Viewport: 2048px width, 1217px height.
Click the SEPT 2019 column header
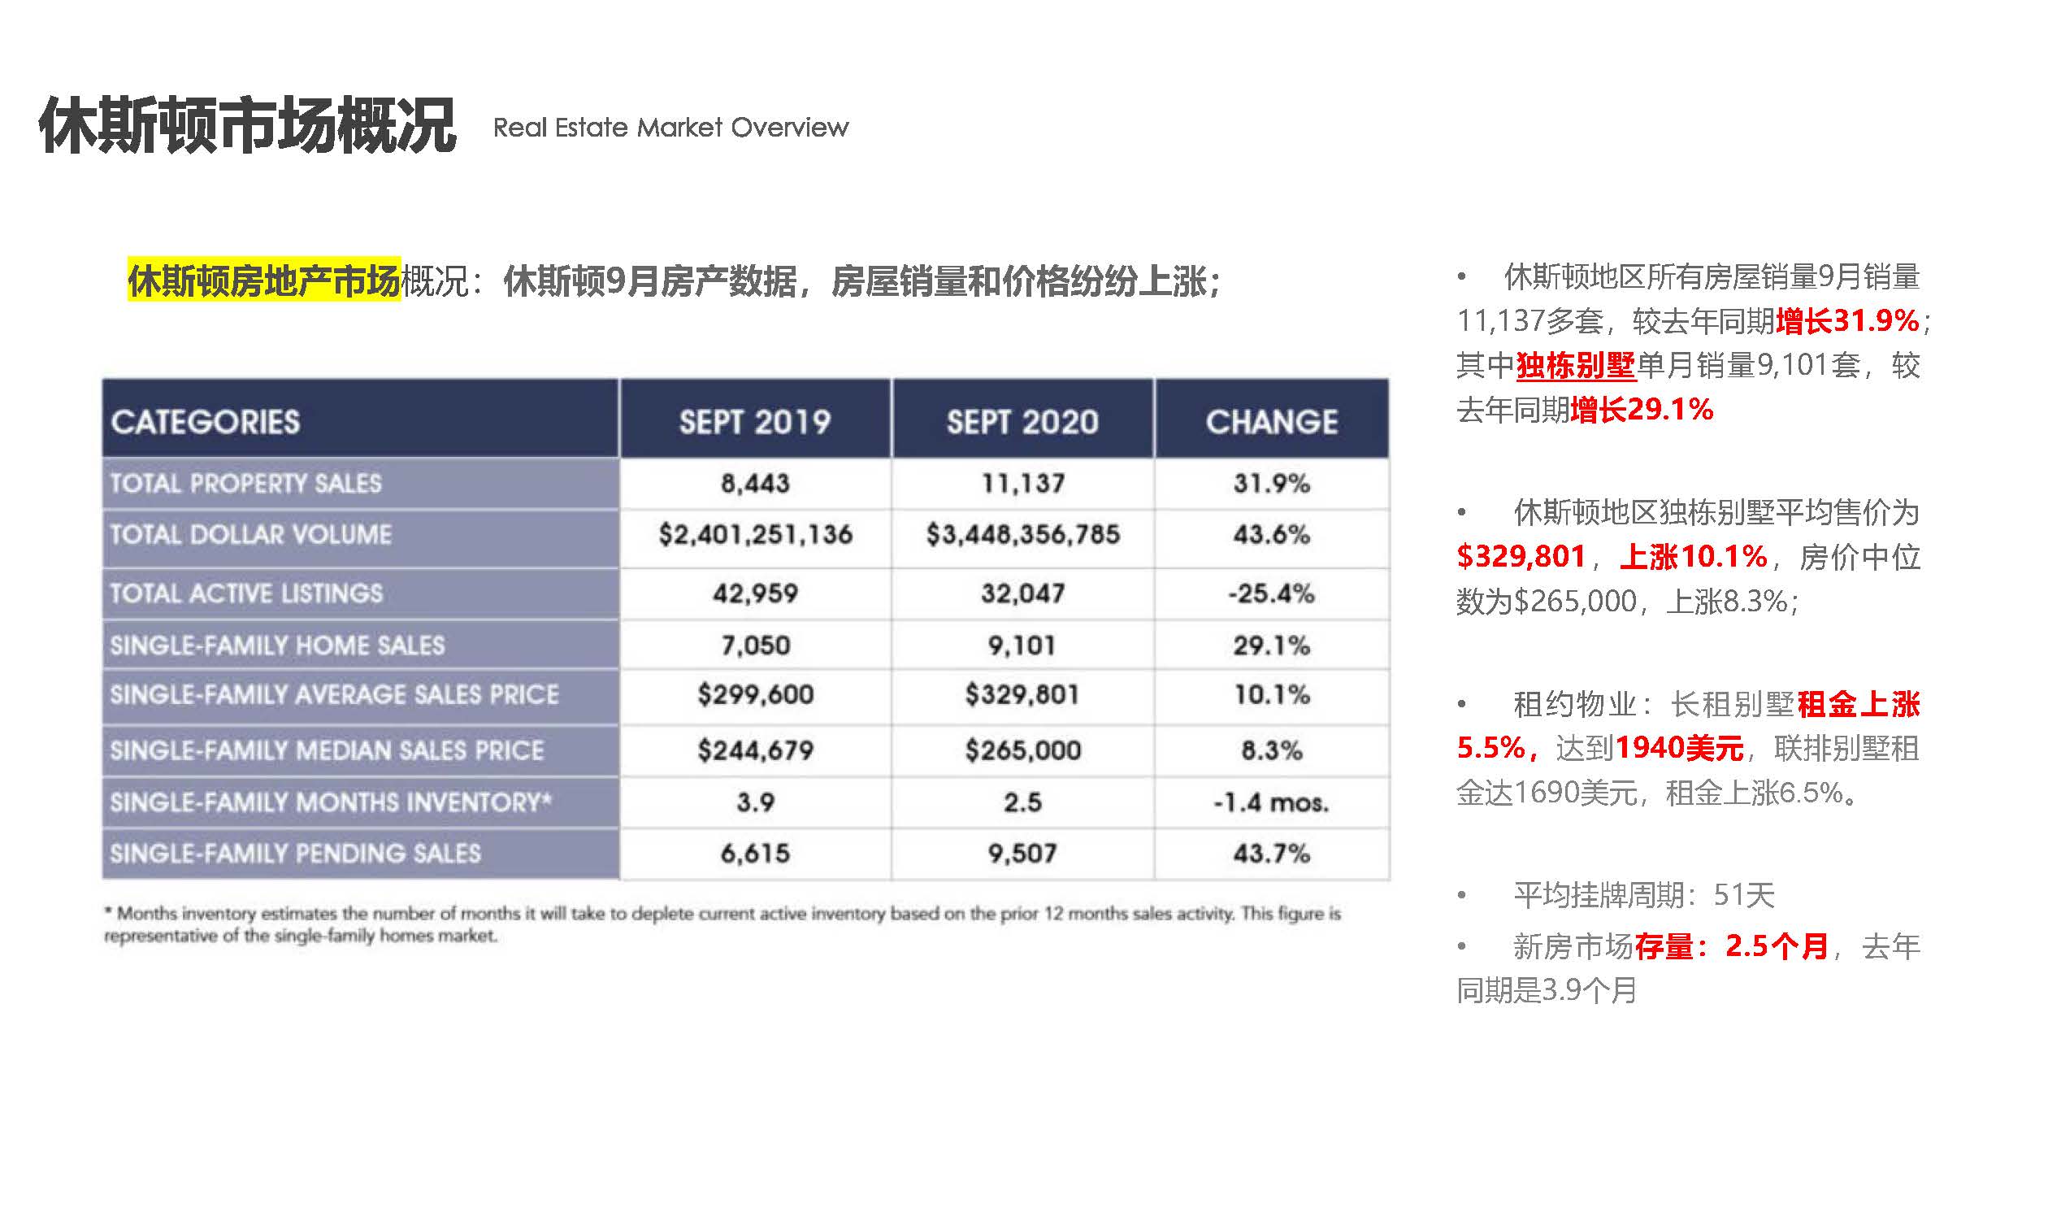(754, 422)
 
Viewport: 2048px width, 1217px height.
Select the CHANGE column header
(1271, 422)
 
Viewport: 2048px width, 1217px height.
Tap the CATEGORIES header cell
(206, 422)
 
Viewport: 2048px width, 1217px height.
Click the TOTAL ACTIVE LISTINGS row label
(246, 593)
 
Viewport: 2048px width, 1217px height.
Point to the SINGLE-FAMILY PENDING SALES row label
(295, 854)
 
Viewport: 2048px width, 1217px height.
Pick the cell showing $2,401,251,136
(755, 535)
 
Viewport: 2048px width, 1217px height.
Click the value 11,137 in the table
(1022, 483)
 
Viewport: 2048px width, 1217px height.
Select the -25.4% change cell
(1271, 593)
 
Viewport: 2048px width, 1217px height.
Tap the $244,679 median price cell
(755, 750)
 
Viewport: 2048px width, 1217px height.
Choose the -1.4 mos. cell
(1271, 802)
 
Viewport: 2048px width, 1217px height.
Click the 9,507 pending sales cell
(1022, 854)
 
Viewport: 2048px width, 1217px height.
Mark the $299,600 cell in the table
(755, 694)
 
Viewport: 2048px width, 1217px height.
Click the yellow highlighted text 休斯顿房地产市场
(264, 280)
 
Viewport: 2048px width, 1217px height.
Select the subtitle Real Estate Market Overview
(670, 128)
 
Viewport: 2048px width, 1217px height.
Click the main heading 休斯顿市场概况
(247, 125)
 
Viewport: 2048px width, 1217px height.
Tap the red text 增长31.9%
(1847, 320)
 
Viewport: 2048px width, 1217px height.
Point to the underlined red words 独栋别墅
(1575, 365)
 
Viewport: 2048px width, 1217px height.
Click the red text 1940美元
(1678, 748)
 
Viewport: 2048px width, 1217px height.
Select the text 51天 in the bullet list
(1744, 895)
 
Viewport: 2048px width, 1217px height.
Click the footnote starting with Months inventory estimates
(722, 924)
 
